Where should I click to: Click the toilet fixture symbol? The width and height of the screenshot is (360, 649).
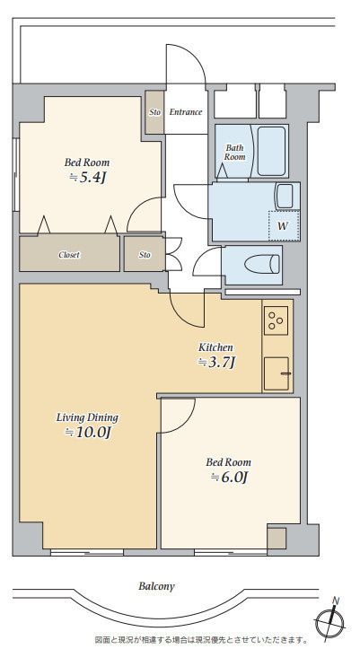click(261, 264)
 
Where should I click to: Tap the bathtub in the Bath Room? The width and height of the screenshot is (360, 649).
click(271, 151)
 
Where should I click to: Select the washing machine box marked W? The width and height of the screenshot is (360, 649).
click(284, 225)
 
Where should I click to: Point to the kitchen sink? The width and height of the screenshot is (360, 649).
click(277, 373)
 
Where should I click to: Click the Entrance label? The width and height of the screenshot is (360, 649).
click(186, 111)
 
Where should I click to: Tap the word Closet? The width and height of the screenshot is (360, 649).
click(69, 255)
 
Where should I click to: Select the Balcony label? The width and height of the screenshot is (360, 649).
click(156, 586)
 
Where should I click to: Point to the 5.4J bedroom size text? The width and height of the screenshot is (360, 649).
click(88, 178)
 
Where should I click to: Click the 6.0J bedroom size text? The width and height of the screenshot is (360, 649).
click(229, 478)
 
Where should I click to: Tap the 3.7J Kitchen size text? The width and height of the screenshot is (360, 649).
click(217, 362)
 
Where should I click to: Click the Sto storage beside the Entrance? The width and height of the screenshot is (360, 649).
click(154, 112)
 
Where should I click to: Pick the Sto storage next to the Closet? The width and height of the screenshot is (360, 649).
click(145, 254)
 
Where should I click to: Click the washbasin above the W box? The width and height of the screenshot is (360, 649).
click(285, 197)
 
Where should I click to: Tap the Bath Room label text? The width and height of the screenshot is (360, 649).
click(234, 152)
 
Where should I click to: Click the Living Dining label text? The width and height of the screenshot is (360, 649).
click(87, 417)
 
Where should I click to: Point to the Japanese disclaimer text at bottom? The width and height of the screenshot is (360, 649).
click(201, 640)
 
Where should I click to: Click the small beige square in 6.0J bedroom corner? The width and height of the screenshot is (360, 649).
click(277, 538)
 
